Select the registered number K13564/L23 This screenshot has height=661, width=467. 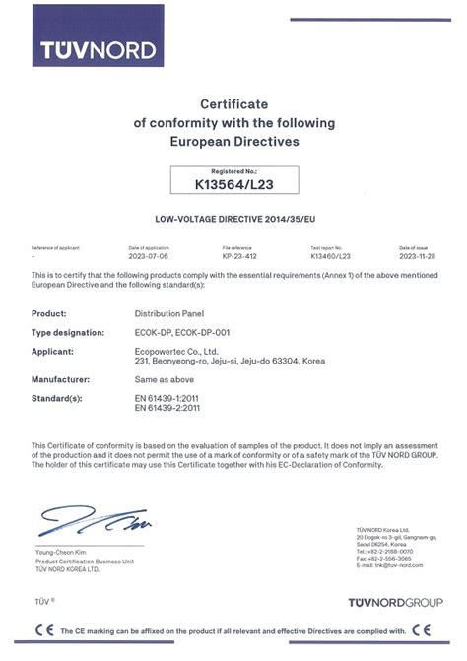click(233, 181)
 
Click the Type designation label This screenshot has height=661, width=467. click(65, 331)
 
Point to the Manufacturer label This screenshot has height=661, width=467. click(61, 378)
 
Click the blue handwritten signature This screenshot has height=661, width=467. click(94, 520)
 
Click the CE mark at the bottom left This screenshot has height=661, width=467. click(44, 630)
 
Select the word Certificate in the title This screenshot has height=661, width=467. click(233, 103)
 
